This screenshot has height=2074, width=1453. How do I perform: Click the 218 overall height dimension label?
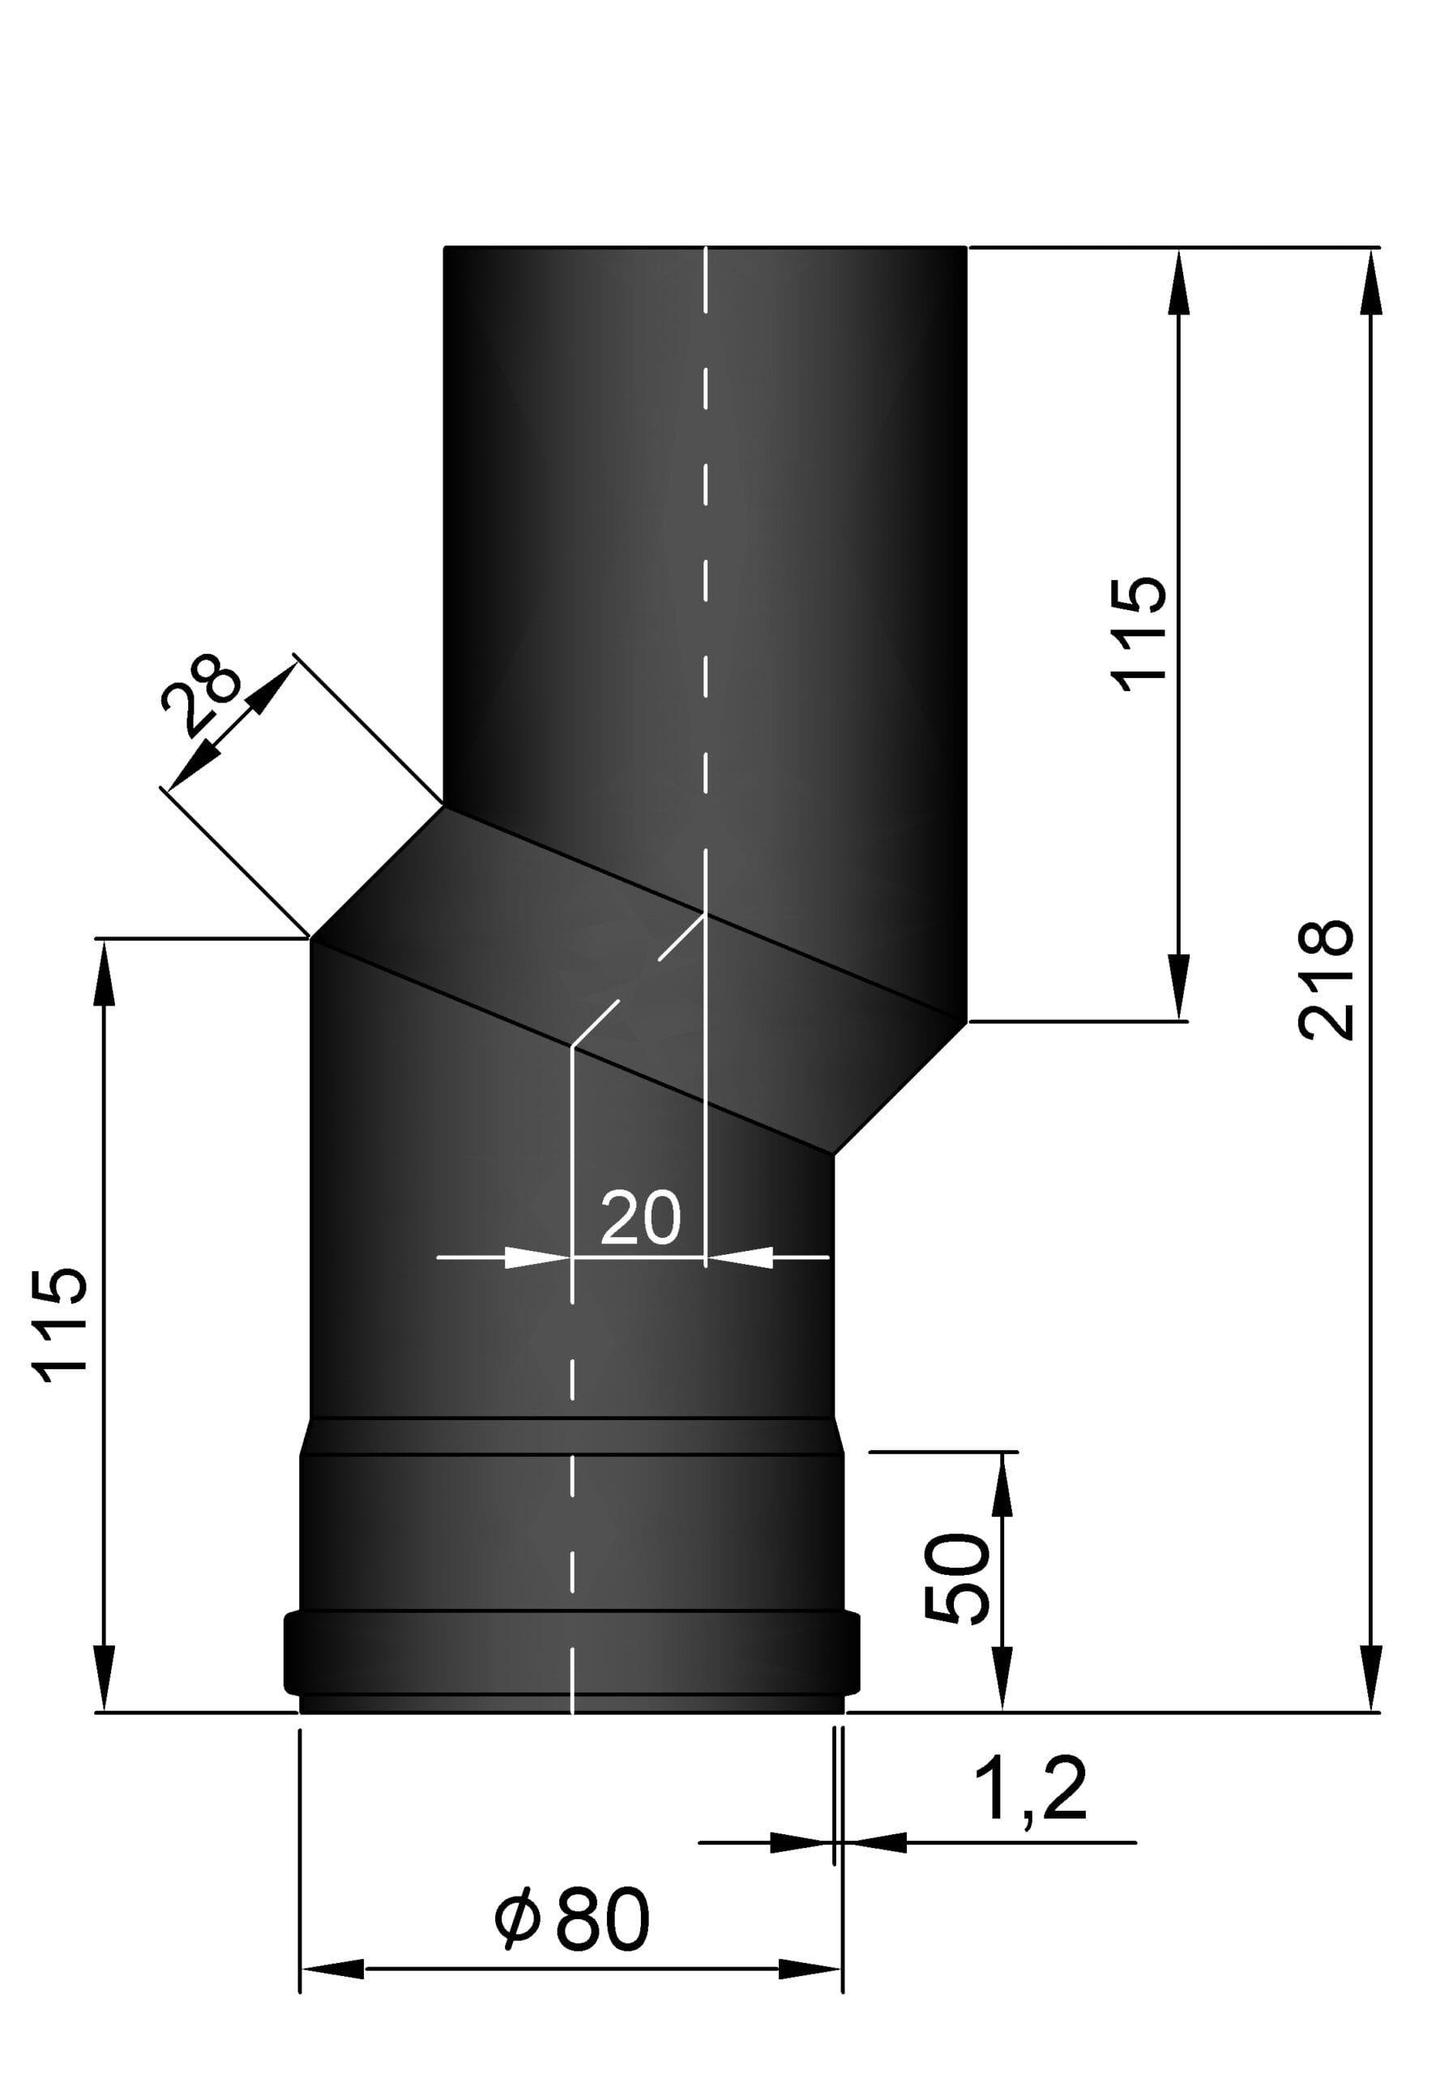(1326, 979)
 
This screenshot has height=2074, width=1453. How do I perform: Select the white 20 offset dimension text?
(639, 1217)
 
